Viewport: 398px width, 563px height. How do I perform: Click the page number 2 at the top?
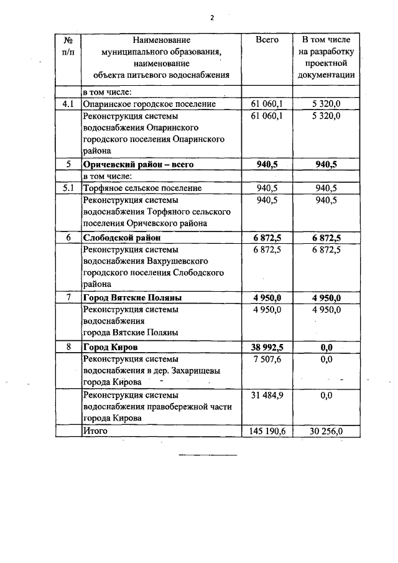click(x=211, y=17)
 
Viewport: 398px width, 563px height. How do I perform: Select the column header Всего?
click(x=267, y=40)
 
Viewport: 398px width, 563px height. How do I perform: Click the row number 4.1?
click(x=68, y=104)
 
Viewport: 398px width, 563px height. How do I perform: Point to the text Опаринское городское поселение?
click(x=149, y=104)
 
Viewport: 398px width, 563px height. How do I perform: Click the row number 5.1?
click(x=68, y=188)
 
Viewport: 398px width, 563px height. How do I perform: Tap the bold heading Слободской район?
click(x=121, y=238)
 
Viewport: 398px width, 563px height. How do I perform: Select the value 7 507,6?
click(x=267, y=358)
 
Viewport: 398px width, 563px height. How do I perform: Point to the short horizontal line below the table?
click(x=208, y=455)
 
